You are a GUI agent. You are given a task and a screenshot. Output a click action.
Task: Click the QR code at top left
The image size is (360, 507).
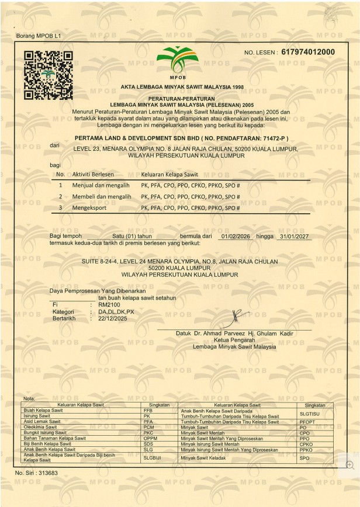point(48,74)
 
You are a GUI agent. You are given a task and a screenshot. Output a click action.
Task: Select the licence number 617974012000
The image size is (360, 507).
point(308,52)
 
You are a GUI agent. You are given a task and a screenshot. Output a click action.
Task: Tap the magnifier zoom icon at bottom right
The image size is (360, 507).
point(350,464)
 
